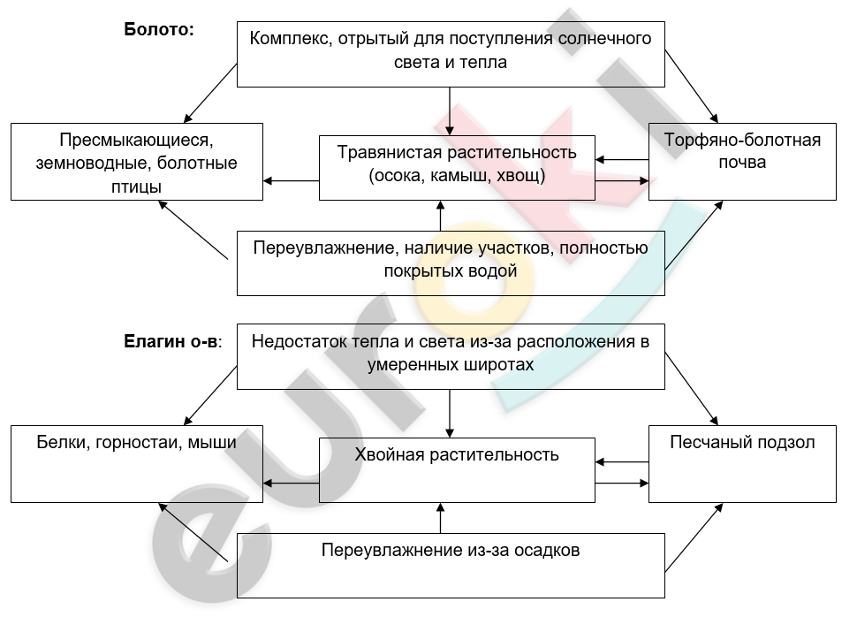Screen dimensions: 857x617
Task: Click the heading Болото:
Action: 159,29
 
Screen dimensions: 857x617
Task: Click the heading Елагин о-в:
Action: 172,341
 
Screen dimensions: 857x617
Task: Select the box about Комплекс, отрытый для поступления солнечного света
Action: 451,54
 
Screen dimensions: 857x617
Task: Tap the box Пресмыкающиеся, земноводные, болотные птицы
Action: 137,162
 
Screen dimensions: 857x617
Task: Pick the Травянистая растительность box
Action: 457,167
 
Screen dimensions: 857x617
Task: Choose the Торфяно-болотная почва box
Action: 742,162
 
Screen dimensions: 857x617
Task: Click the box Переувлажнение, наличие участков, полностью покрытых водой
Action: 451,263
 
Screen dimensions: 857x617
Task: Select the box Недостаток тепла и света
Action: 451,356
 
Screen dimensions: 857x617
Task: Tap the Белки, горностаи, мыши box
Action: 137,464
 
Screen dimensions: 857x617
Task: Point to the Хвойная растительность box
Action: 457,470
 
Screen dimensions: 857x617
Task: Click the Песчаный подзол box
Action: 742,464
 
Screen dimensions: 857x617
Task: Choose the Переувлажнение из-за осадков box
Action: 451,566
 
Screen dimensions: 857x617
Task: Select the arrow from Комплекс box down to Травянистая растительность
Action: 450,111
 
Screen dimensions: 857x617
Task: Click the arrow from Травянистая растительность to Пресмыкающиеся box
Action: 291,180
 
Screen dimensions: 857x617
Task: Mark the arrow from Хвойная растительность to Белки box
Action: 291,483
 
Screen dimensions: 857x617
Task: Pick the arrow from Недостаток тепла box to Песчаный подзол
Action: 692,389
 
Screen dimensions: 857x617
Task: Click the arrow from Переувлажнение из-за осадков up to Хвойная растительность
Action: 441,518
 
